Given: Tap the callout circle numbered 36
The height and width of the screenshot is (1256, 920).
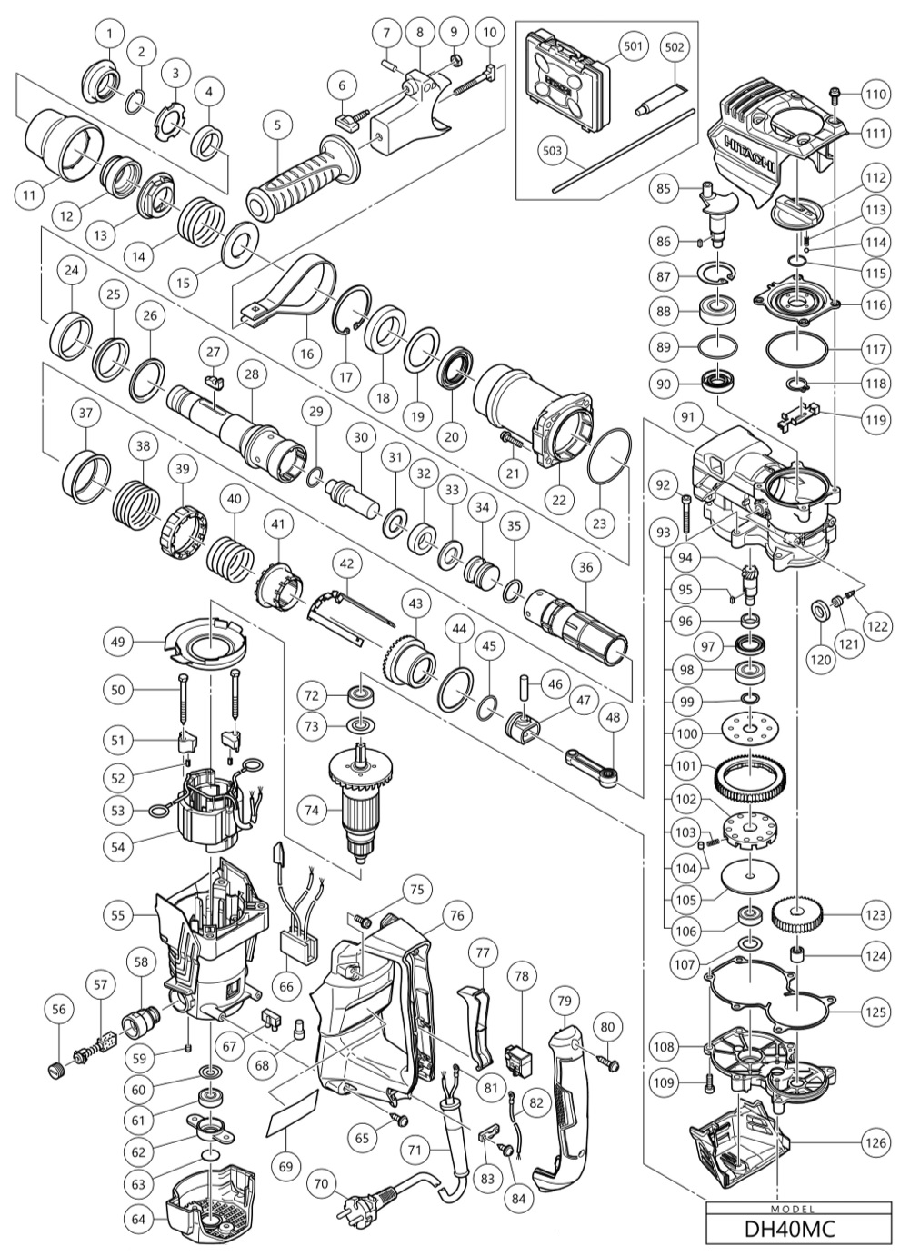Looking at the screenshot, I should point(585,565).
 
